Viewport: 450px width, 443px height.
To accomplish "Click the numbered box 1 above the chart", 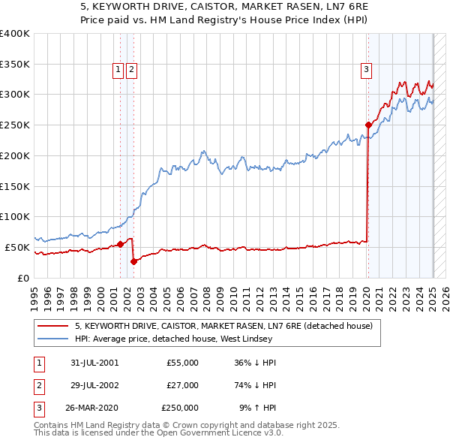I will (x=118, y=70).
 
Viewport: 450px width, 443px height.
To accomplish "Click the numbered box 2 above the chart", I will (x=131, y=70).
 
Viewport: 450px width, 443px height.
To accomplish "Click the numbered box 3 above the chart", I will (x=367, y=71).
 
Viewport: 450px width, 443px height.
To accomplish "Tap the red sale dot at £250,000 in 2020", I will (x=368, y=125).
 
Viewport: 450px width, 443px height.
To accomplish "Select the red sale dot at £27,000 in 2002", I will (x=133, y=261).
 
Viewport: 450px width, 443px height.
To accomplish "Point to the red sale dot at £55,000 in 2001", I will (x=120, y=244).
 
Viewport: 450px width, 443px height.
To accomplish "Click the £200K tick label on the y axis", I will (x=15, y=155).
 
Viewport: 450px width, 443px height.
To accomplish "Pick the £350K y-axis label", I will (x=15, y=64).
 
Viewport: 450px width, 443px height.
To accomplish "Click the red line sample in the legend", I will (x=53, y=326).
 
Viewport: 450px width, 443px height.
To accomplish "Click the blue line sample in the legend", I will (x=53, y=339).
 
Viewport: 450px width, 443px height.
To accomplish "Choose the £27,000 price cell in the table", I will (x=181, y=385).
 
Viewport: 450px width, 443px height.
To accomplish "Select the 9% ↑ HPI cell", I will (x=256, y=408).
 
